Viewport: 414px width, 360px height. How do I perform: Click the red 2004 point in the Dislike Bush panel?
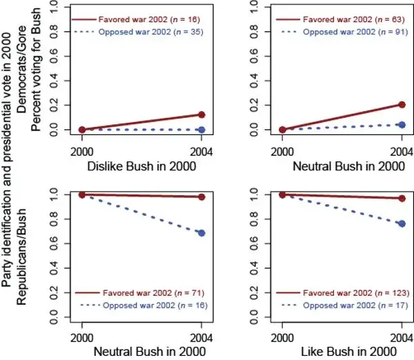201,115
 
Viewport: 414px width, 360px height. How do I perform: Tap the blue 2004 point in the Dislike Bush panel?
201,130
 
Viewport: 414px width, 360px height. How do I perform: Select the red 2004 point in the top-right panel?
402,105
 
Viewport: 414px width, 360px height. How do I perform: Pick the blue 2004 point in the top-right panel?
402,125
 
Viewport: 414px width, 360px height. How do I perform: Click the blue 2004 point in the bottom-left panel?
201,233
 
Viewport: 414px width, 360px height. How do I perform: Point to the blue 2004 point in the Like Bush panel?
402,223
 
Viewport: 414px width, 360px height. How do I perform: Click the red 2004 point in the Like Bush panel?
402,199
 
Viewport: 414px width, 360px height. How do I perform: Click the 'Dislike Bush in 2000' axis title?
141,166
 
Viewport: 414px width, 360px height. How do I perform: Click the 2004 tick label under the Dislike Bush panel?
201,150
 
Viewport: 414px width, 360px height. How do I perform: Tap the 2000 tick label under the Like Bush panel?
282,337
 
